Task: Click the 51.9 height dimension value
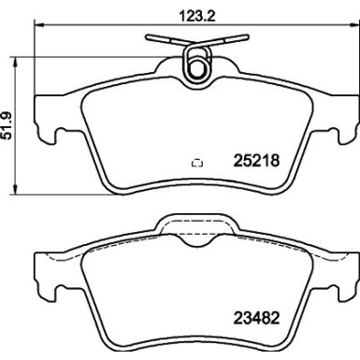(10, 125)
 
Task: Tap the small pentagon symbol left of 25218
(197, 162)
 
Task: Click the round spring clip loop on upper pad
(197, 67)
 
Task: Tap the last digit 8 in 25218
(277, 161)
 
